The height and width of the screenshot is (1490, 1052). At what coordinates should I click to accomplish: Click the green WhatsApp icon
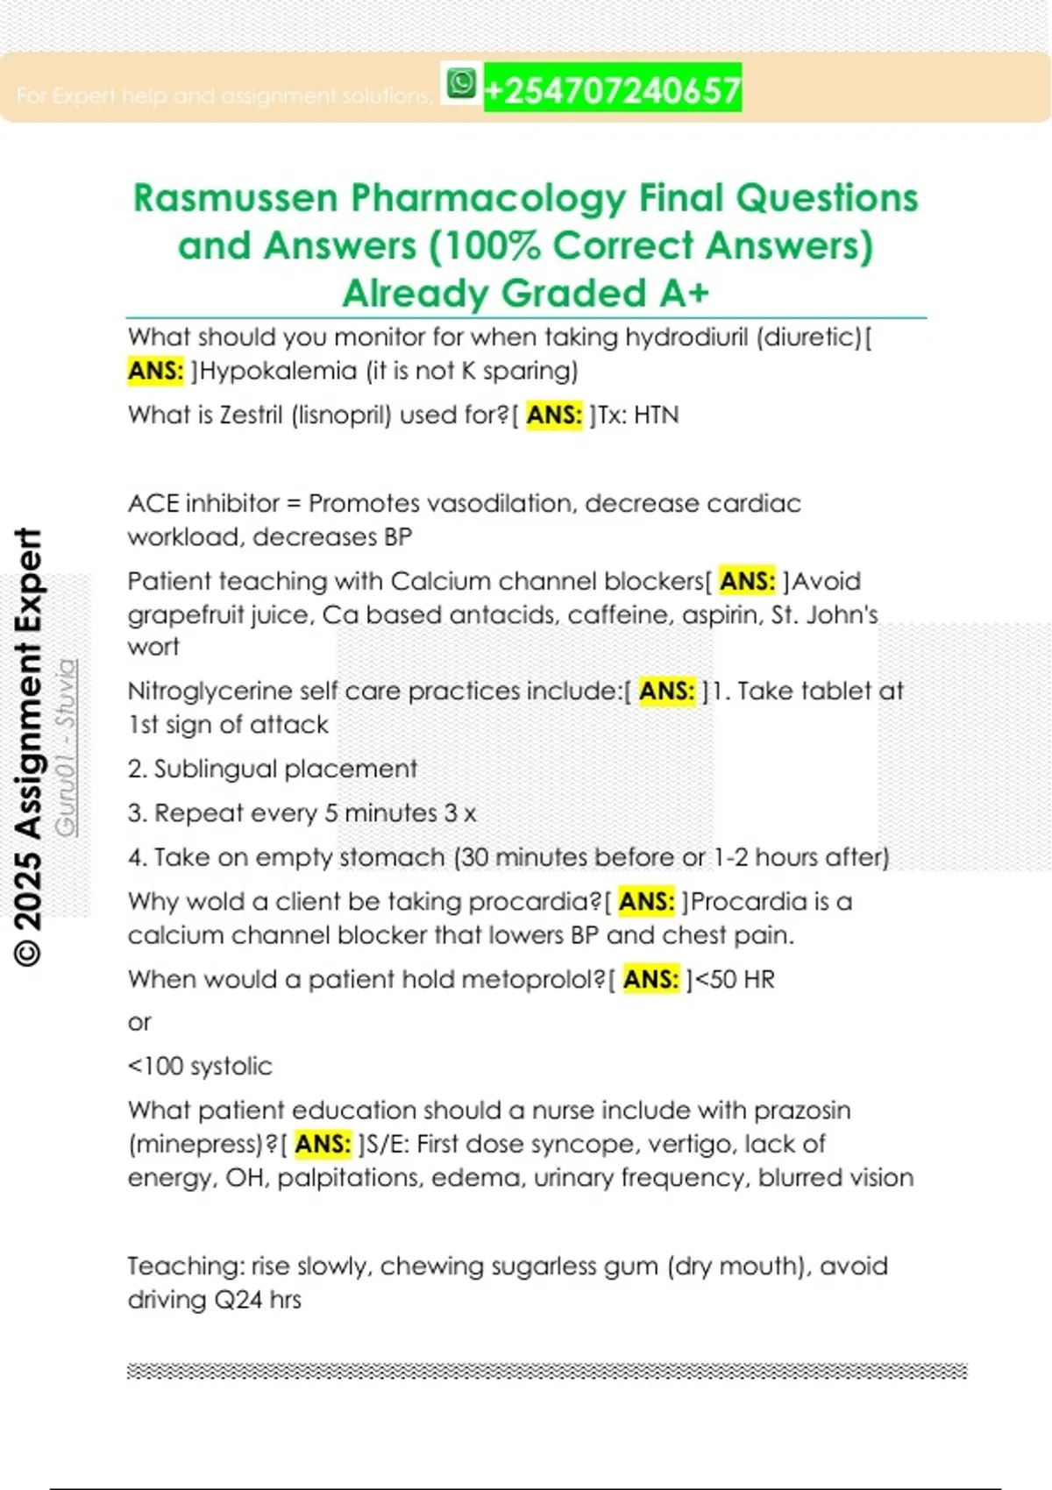(461, 84)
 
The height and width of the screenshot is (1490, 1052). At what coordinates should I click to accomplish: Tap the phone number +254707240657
(612, 89)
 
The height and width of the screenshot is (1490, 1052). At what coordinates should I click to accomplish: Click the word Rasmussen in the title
(235, 198)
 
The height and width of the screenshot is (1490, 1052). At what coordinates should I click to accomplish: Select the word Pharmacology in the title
(488, 198)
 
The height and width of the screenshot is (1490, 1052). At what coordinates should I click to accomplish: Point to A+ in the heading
(684, 293)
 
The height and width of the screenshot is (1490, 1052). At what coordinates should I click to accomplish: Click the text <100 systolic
(200, 1066)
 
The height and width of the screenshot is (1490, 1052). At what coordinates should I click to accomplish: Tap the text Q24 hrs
(258, 1299)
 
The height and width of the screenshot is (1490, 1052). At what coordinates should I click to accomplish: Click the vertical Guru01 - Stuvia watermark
(67, 748)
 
